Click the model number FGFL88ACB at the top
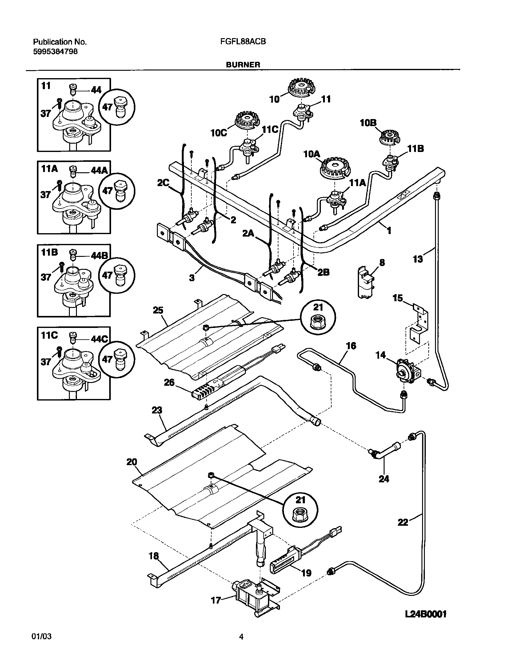(x=243, y=42)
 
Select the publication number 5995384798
(x=55, y=51)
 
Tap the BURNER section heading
(x=243, y=65)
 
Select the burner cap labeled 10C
(x=247, y=119)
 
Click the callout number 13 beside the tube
(x=417, y=259)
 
